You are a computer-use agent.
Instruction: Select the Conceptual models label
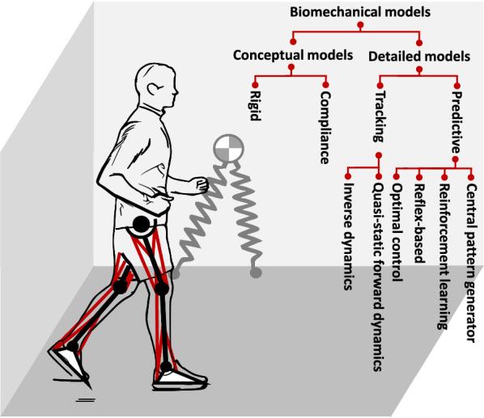coord(291,56)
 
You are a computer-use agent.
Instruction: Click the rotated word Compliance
coord(325,127)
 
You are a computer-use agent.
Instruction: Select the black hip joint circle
coord(142,225)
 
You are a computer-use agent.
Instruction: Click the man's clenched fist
coord(199,185)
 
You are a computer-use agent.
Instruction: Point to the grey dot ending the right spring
coord(255,274)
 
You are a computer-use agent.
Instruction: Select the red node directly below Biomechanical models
coord(360,27)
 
